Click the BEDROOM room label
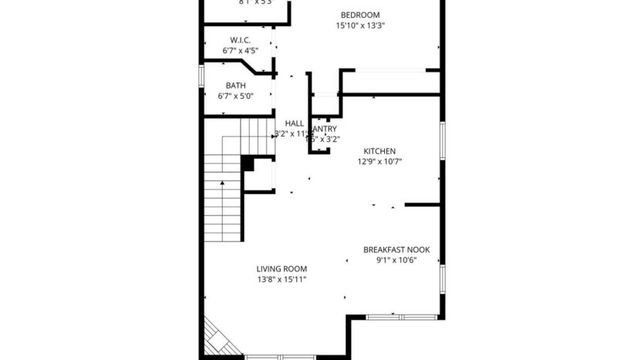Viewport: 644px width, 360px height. click(360, 15)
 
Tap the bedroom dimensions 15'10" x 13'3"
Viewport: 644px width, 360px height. click(360, 25)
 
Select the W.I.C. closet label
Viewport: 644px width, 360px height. click(240, 40)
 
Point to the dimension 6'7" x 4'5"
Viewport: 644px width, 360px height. click(240, 51)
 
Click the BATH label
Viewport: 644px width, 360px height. click(235, 86)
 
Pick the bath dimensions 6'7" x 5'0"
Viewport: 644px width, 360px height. click(235, 96)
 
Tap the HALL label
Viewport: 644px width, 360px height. click(295, 123)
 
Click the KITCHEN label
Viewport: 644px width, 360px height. click(379, 151)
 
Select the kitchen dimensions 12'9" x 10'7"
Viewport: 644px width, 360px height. click(379, 162)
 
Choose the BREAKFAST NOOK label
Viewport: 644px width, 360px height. click(396, 250)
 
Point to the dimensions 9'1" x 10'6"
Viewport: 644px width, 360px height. click(396, 261)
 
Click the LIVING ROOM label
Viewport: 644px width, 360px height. click(282, 268)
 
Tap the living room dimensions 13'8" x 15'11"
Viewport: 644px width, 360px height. click(282, 279)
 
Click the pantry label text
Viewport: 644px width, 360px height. click(323, 129)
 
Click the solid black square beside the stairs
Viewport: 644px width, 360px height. click(248, 163)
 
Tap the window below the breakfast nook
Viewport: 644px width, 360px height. click(401, 316)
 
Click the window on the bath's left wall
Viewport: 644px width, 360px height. click(202, 78)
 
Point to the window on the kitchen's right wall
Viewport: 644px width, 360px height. click(442, 141)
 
